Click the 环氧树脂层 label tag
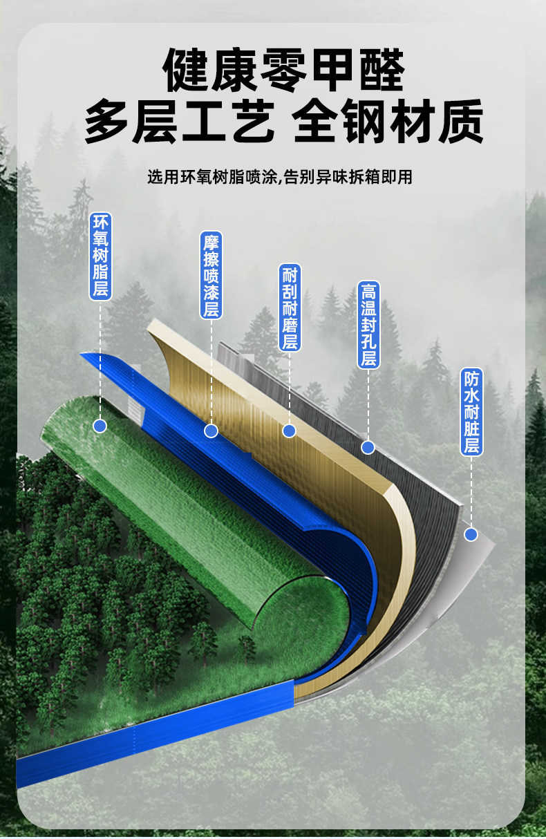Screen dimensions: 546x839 pyautogui.click(x=100, y=256)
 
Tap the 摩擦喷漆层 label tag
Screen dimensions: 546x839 pyautogui.click(x=211, y=275)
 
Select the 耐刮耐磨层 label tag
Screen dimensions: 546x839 pyautogui.click(x=290, y=308)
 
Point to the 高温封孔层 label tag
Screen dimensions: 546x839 pyautogui.click(x=368, y=325)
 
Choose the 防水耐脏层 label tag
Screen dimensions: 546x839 pyautogui.click(x=471, y=412)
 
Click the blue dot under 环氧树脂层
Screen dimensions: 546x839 pyautogui.click(x=100, y=426)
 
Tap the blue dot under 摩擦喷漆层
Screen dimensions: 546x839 pyautogui.click(x=211, y=431)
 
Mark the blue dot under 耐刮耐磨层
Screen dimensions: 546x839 pyautogui.click(x=289, y=431)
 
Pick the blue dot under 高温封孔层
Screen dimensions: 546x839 pyautogui.click(x=368, y=447)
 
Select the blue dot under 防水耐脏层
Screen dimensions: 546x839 pyautogui.click(x=471, y=534)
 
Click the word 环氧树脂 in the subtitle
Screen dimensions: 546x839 pyautogui.click(x=212, y=177)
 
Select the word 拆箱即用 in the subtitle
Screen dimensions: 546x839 pyautogui.click(x=380, y=177)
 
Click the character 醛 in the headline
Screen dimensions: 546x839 pyautogui.click(x=382, y=70)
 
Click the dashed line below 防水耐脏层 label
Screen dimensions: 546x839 pyautogui.click(x=471, y=492)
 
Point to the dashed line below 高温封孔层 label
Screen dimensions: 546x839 pyautogui.click(x=368, y=404)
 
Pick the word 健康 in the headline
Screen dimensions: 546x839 pyautogui.click(x=209, y=70)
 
